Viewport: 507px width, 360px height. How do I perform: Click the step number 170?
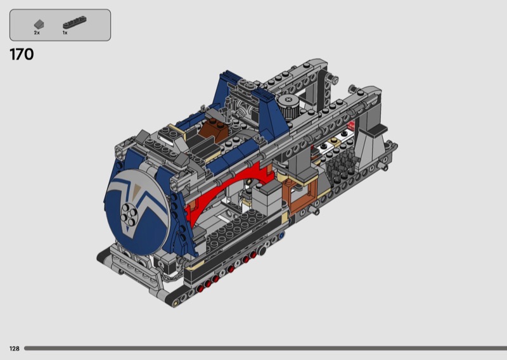pos(22,55)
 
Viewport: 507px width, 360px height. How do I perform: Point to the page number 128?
pos(14,349)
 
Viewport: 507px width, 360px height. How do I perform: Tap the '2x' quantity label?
pos(37,33)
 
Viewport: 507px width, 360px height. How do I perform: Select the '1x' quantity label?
pos(65,33)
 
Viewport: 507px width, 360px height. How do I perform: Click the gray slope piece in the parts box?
pos(39,24)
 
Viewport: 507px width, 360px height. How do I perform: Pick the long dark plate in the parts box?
pos(74,22)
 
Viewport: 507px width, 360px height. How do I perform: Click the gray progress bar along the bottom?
pos(266,349)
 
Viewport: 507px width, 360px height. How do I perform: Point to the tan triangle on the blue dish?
pos(137,189)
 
